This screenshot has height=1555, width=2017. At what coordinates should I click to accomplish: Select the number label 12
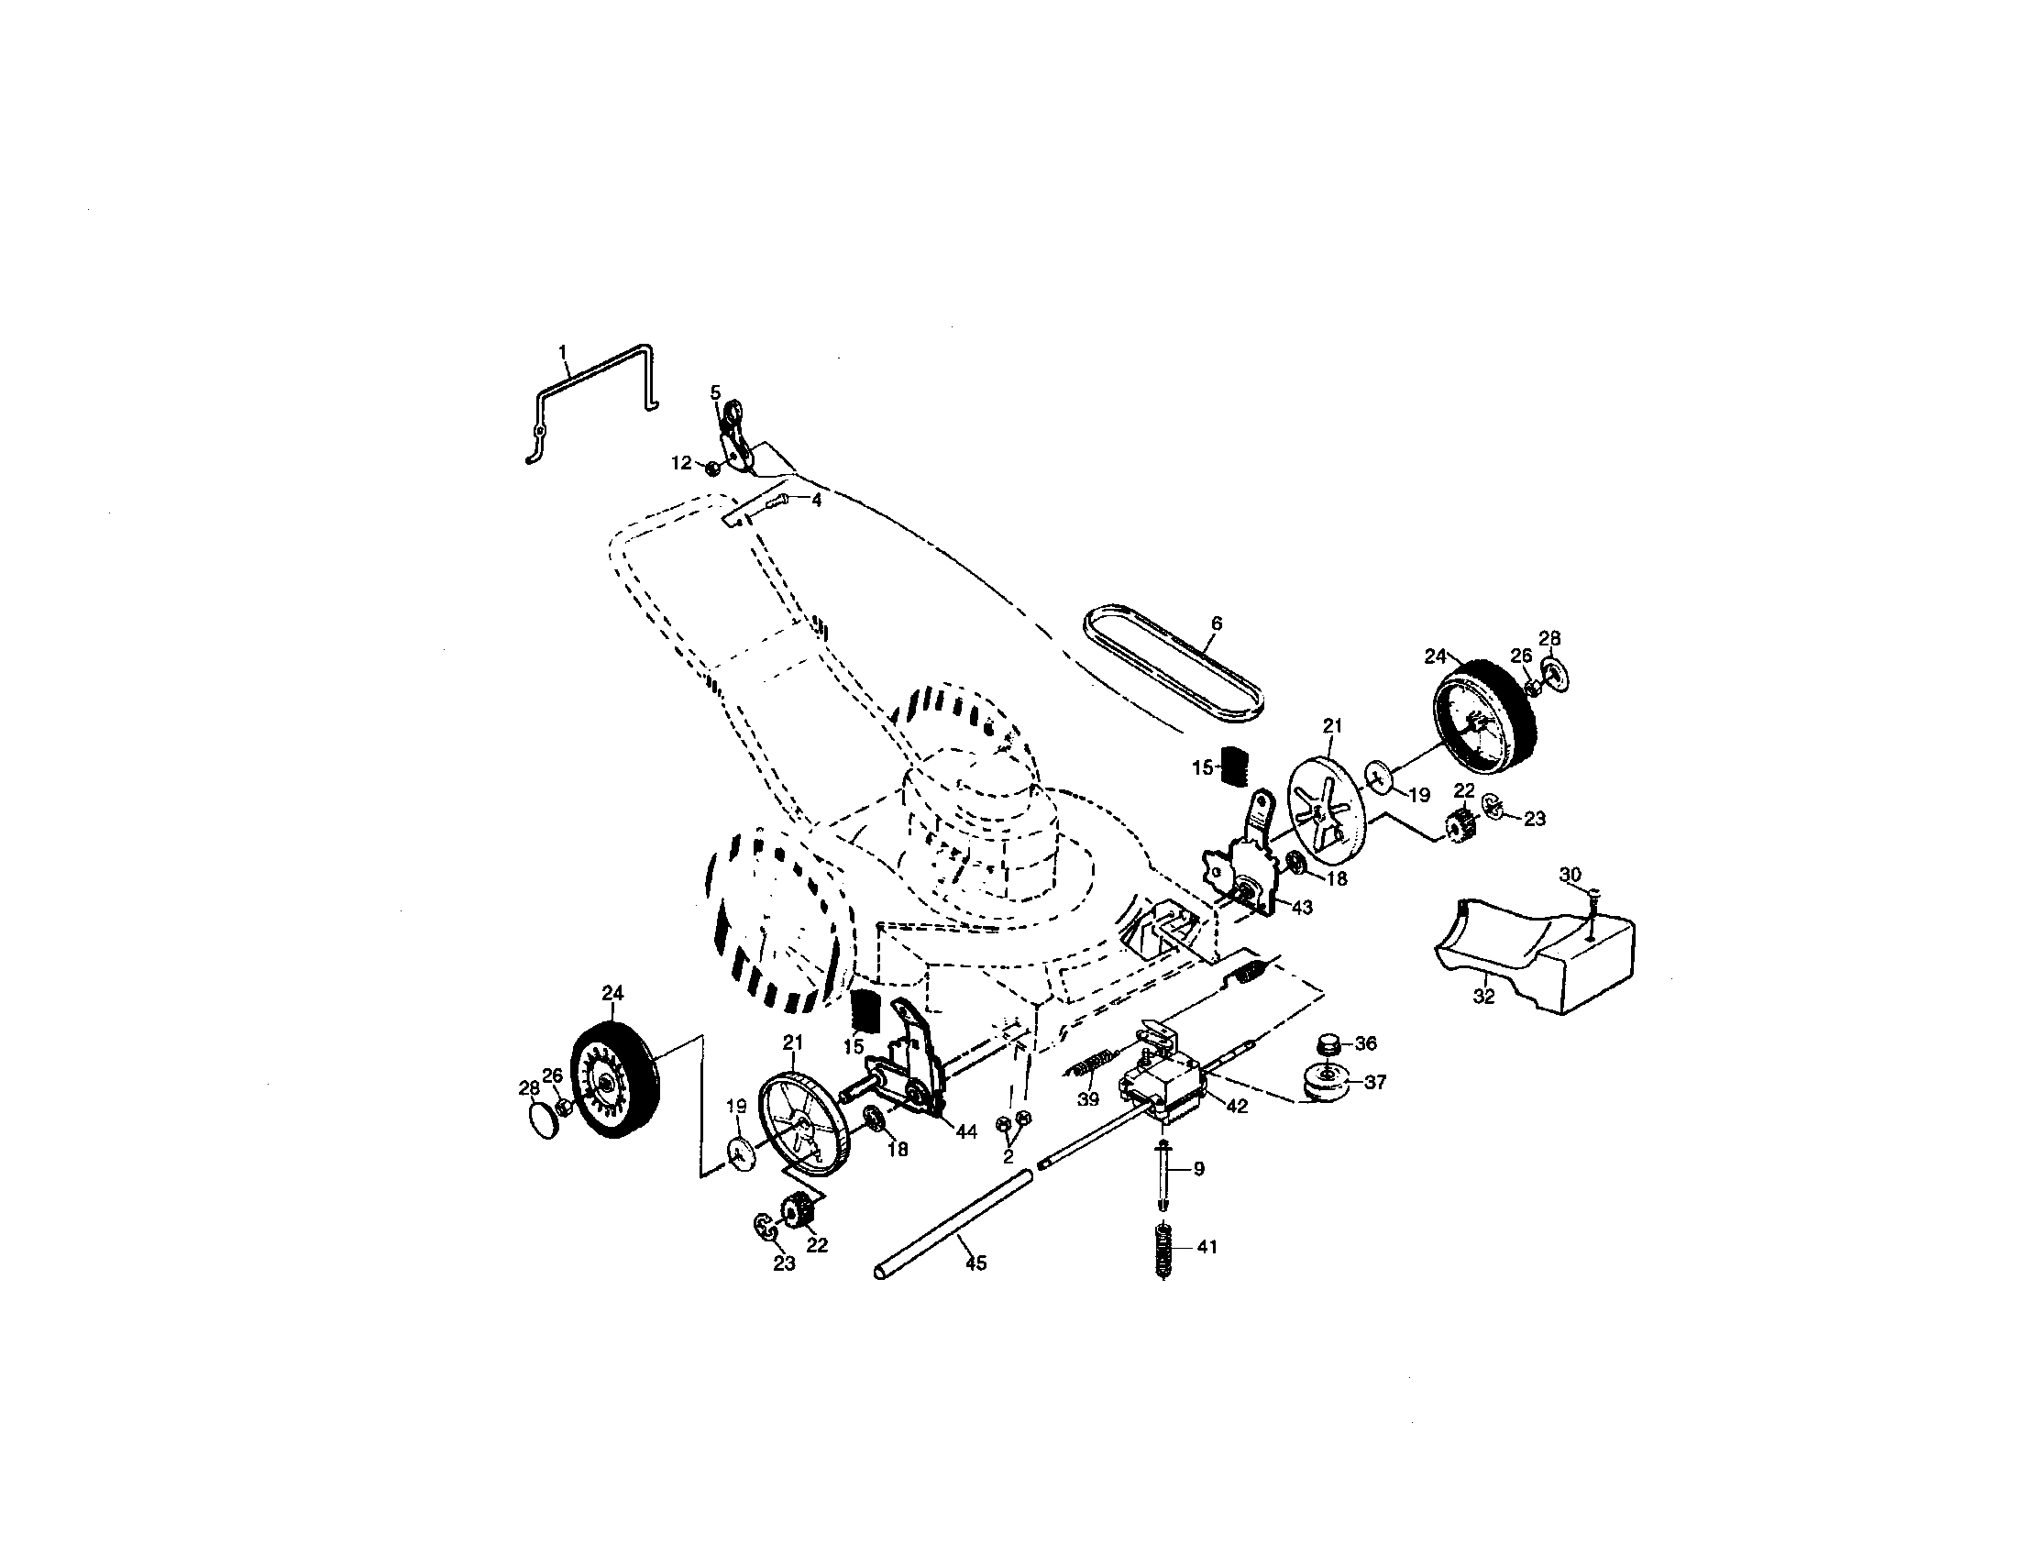[680, 463]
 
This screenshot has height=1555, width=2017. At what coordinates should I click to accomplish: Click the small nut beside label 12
[713, 469]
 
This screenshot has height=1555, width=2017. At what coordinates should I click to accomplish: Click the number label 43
[1301, 908]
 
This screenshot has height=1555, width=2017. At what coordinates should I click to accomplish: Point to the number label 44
[966, 1132]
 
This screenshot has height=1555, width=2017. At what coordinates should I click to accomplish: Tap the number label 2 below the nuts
[1008, 1155]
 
